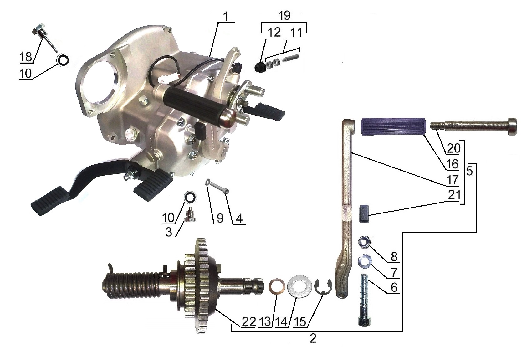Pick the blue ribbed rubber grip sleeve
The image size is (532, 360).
(393, 126)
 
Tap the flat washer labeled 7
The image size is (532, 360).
(365, 260)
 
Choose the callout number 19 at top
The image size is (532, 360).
(284, 16)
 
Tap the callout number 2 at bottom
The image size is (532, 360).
(313, 339)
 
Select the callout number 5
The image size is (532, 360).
(469, 171)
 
